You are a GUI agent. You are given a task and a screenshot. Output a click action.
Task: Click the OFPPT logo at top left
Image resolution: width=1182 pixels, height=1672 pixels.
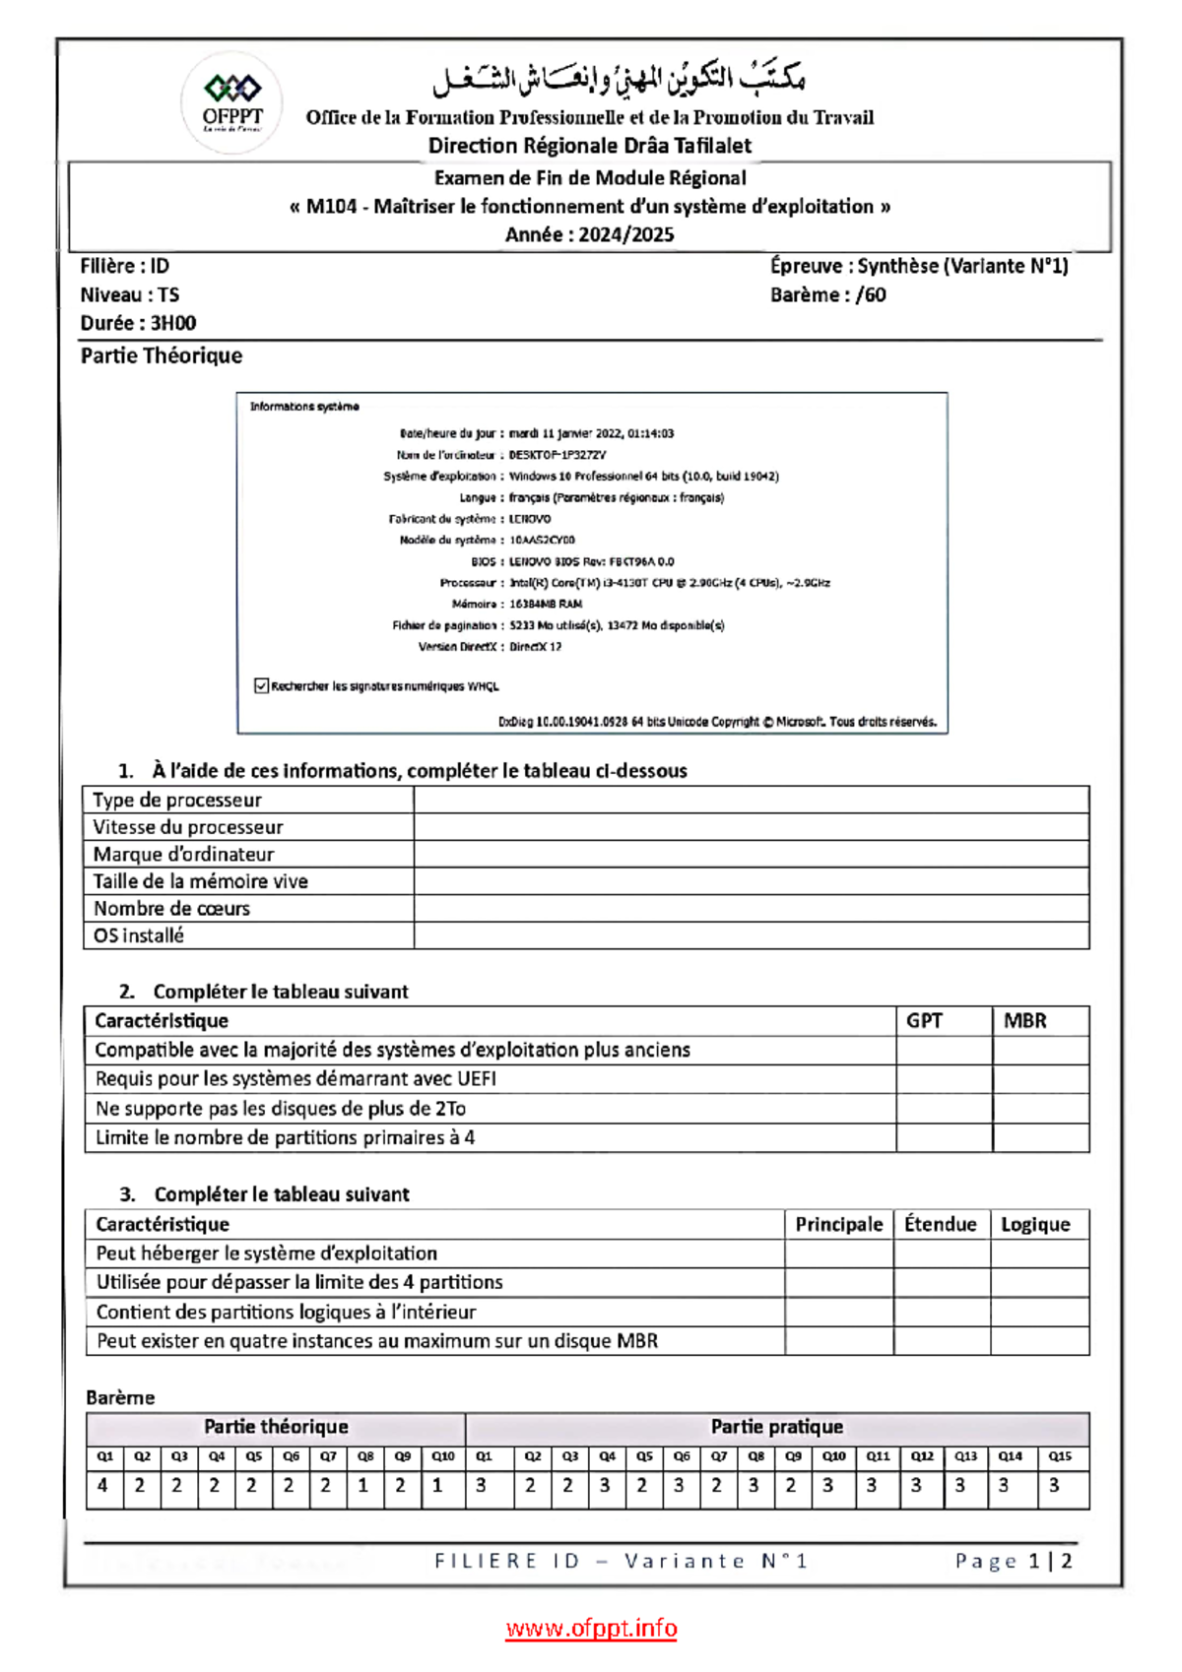232,102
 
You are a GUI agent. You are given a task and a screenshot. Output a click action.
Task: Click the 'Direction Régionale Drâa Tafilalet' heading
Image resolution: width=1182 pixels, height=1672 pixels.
589,146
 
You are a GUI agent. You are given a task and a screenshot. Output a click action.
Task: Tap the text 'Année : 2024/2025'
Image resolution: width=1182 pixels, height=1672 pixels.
589,234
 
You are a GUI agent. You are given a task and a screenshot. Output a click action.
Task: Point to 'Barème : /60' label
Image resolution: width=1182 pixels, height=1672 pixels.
827,294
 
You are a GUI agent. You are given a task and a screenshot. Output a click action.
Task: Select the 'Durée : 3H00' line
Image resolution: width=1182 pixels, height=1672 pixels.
138,323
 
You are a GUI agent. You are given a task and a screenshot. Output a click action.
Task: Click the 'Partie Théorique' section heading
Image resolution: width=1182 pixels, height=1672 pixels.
162,355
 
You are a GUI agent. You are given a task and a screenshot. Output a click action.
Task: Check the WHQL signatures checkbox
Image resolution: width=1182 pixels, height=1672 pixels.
261,685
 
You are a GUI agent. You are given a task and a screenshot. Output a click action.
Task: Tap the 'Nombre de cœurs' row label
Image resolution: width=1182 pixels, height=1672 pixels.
171,908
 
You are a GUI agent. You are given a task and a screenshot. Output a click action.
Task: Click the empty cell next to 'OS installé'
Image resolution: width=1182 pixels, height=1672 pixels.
751,935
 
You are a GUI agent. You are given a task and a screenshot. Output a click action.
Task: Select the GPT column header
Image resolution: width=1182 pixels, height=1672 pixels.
924,1020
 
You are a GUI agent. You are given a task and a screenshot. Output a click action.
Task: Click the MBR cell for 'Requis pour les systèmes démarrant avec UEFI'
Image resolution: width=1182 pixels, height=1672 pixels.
1040,1078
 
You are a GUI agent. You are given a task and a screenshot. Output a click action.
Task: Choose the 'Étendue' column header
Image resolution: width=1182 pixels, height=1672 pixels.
940,1224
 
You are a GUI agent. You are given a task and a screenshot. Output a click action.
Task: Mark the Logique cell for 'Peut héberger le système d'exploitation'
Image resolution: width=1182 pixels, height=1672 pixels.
1039,1253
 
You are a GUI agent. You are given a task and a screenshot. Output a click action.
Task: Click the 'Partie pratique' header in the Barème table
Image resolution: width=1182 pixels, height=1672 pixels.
776,1427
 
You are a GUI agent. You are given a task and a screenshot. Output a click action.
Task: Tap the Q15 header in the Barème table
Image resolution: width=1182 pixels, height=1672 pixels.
1060,1455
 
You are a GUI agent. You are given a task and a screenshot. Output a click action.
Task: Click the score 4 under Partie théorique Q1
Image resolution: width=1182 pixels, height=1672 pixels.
103,1486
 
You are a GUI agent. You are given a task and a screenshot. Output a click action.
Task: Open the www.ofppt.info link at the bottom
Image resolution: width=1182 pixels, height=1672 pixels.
591,1628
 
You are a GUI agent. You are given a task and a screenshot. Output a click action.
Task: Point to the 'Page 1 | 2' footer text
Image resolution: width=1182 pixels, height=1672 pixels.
1013,1561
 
